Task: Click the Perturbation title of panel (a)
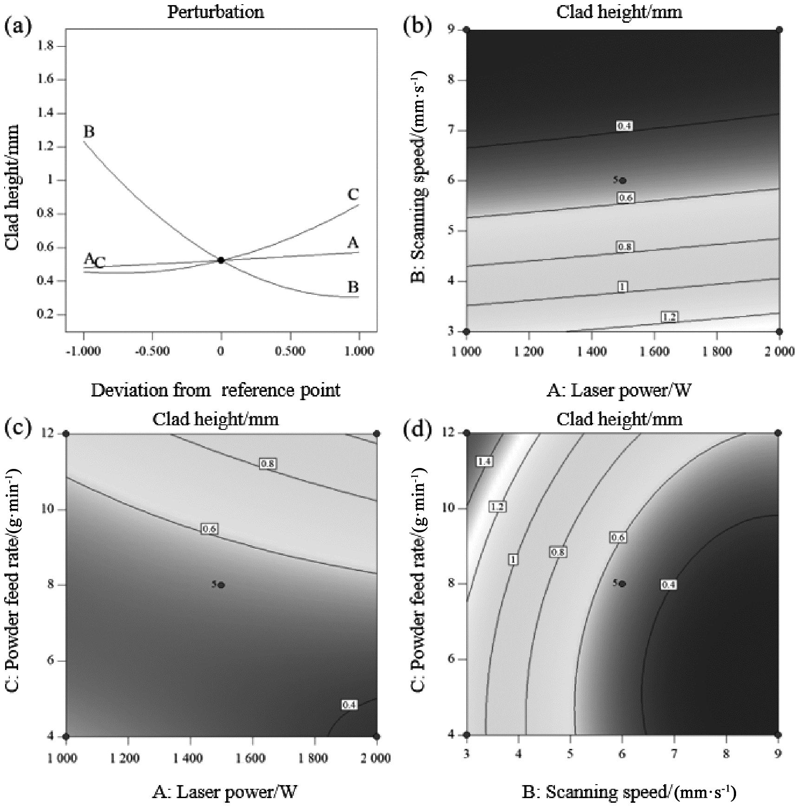point(215,12)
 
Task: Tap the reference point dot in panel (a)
point(221,260)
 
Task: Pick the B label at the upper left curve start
point(89,132)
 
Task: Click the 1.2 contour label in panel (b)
point(669,317)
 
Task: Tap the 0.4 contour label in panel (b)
point(624,126)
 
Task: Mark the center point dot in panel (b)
point(623,181)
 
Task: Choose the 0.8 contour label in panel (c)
point(268,463)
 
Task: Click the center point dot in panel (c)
point(222,585)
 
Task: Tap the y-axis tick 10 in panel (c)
point(46,509)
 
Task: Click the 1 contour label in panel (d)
point(513,559)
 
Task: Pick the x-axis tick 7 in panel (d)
point(674,754)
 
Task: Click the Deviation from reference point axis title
point(215,390)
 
